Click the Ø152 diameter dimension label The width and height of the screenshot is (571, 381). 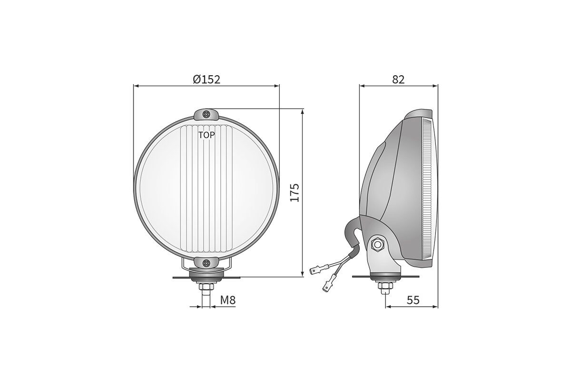[x=207, y=80]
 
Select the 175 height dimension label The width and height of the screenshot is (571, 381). [x=295, y=192]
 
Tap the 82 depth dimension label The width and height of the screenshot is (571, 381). [x=398, y=80]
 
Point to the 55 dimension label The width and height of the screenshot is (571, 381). [x=413, y=300]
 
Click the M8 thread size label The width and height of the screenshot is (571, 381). [x=228, y=300]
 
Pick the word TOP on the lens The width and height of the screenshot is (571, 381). [x=207, y=135]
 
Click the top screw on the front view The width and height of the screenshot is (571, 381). [x=207, y=114]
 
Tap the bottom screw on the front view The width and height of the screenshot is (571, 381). [x=207, y=262]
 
